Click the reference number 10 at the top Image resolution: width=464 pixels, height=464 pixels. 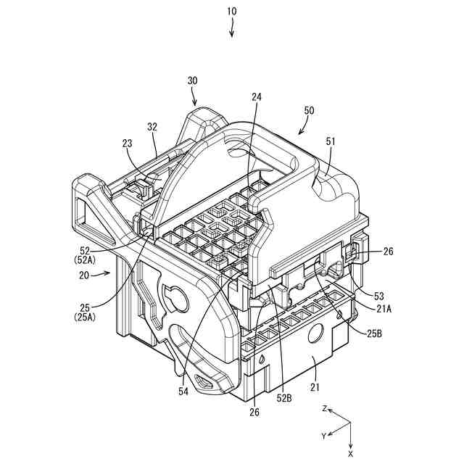[231, 12]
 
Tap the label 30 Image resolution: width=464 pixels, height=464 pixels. [193, 81]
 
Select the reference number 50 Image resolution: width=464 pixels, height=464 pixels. [309, 110]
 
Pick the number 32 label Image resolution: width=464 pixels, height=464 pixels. [152, 125]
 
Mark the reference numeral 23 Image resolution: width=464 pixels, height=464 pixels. [128, 144]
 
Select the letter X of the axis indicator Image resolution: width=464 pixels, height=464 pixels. [351, 452]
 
